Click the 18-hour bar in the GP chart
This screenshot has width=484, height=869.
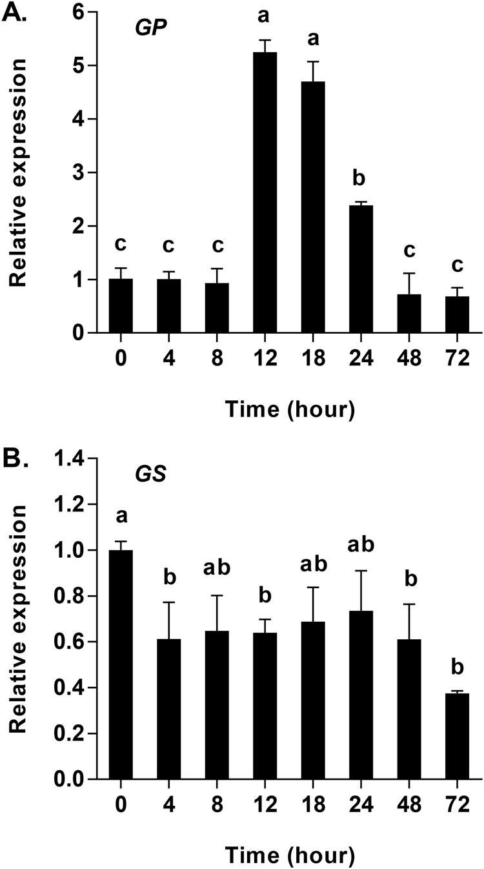[314, 207]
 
